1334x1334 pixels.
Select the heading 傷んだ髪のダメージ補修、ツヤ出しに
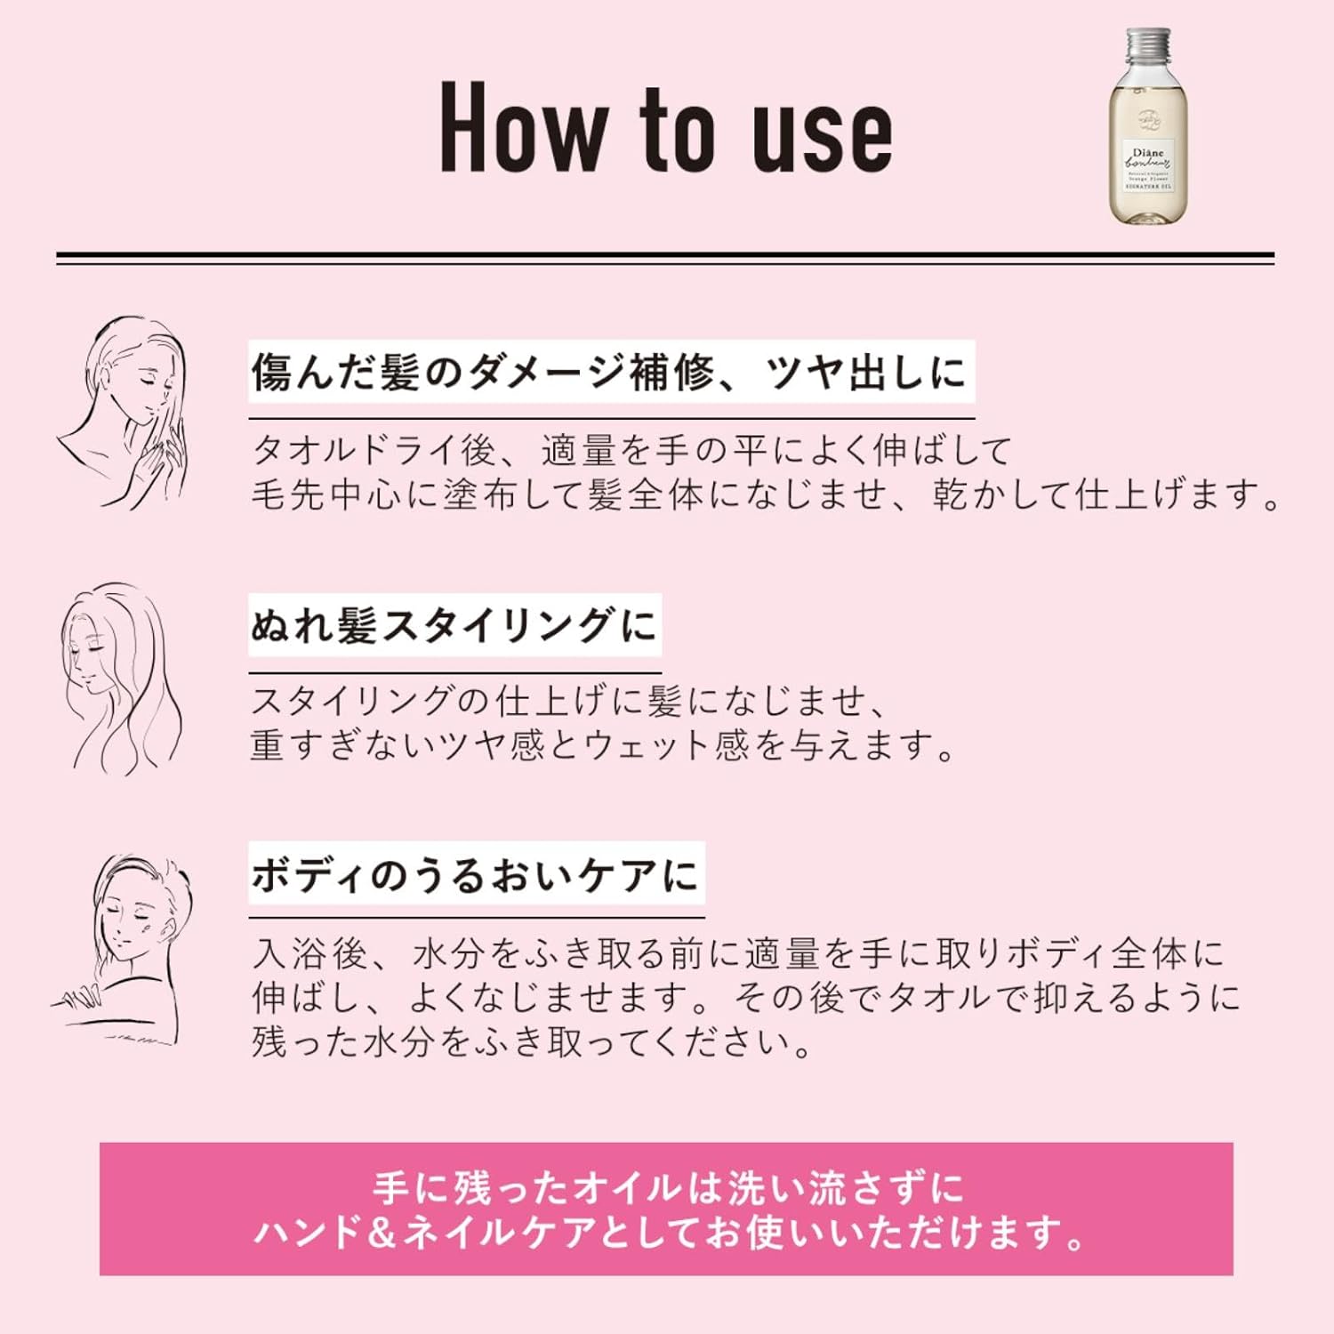[610, 372]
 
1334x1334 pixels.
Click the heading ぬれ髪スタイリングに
[454, 625]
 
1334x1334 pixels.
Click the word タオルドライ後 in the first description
[374, 451]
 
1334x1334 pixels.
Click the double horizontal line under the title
[665, 258]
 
